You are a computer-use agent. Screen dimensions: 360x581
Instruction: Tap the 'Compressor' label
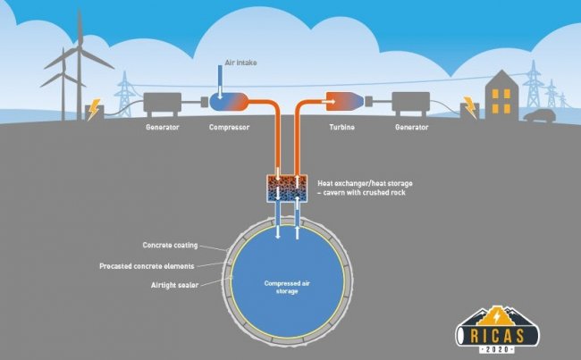coord(230,129)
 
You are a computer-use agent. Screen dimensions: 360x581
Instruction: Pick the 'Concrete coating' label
coord(172,244)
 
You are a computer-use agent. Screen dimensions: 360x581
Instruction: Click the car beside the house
coord(536,116)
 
